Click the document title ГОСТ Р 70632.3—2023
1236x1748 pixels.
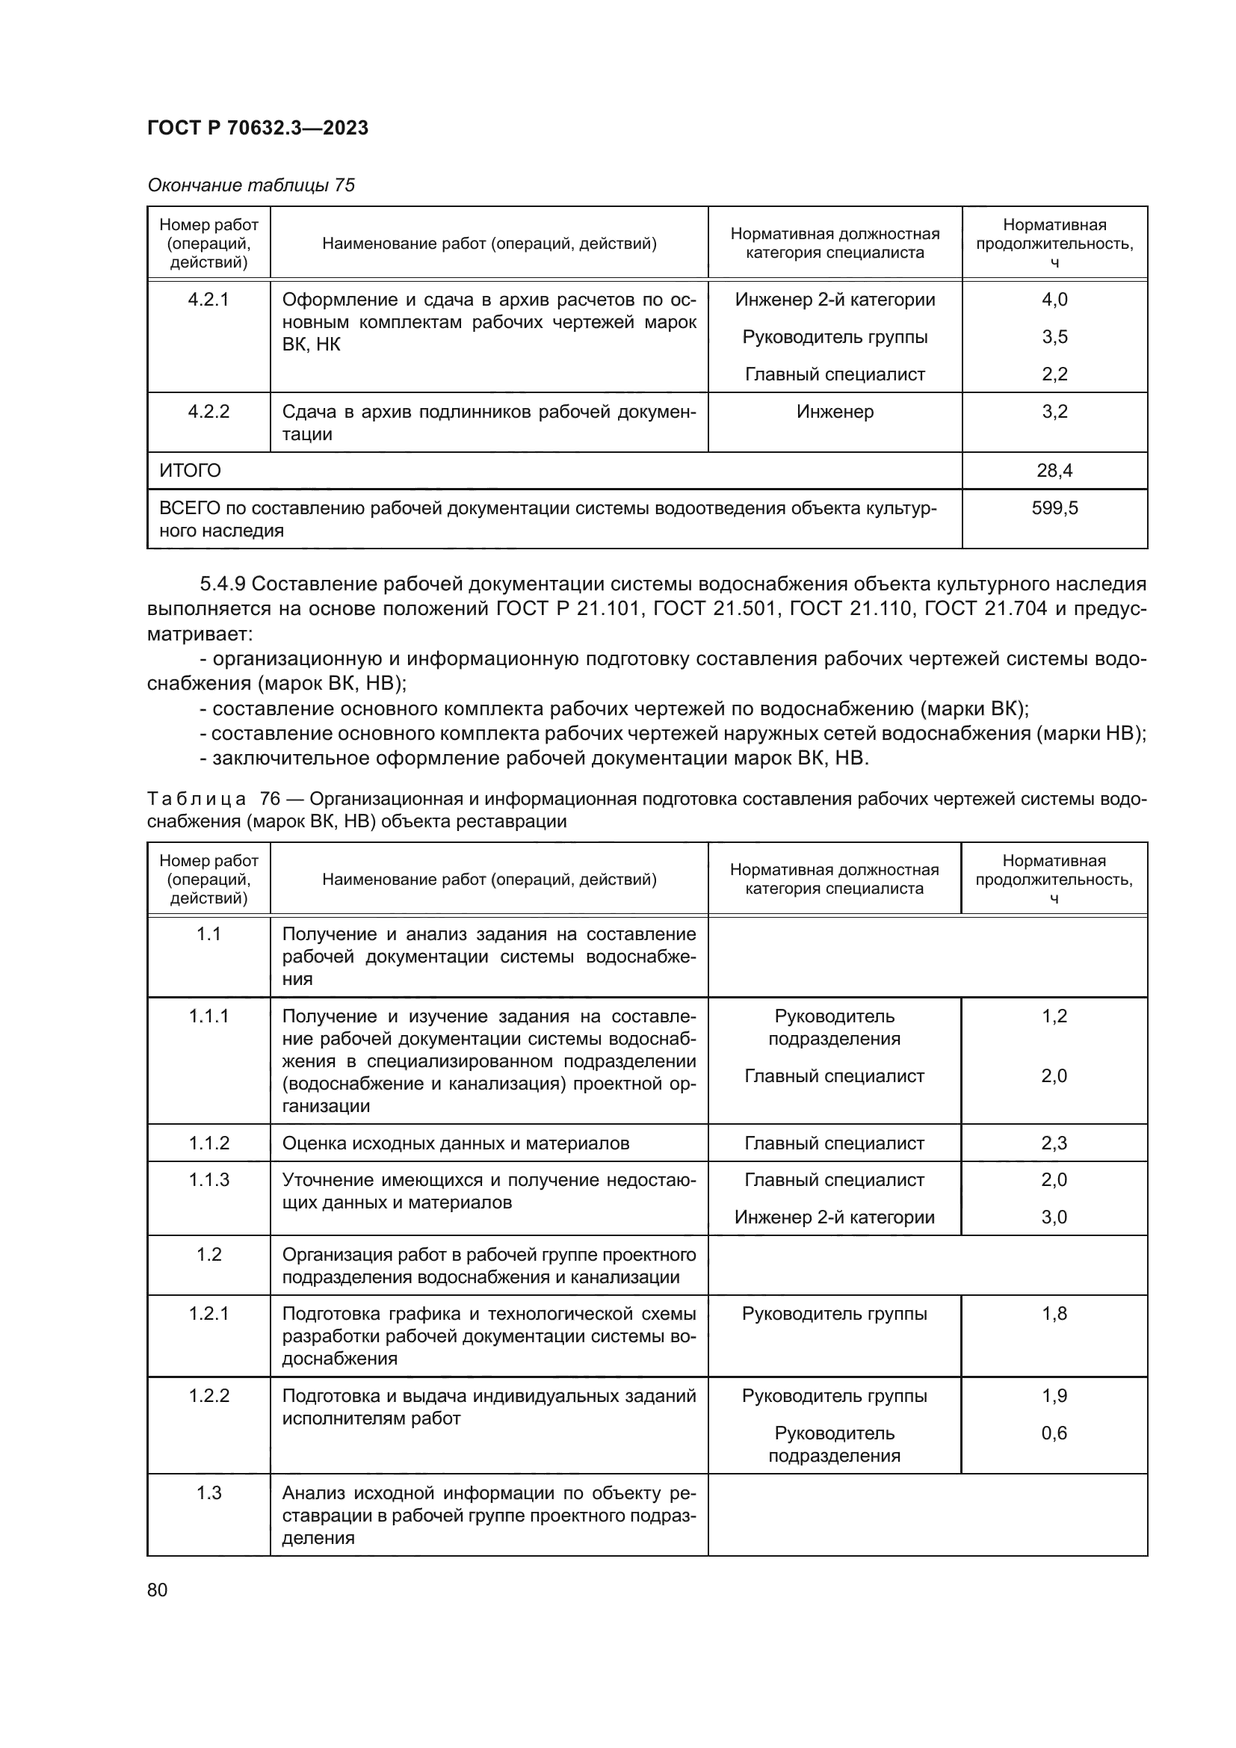(x=257, y=128)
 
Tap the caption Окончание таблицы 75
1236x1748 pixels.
(x=250, y=185)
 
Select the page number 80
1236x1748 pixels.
(x=157, y=1590)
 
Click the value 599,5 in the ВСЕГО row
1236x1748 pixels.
(x=1054, y=507)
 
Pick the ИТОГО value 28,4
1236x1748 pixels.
(x=1054, y=471)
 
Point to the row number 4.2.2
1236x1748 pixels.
(x=208, y=412)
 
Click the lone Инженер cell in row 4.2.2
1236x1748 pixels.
(x=835, y=412)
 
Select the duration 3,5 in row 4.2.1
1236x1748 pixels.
(x=1054, y=336)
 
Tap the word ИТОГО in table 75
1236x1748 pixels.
(x=191, y=471)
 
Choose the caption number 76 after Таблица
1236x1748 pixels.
(x=271, y=799)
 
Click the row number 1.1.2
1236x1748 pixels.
(x=208, y=1143)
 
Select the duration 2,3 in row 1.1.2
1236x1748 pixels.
(x=1054, y=1143)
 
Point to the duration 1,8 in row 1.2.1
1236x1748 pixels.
(x=1054, y=1313)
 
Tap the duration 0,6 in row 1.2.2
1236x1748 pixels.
(x=1054, y=1433)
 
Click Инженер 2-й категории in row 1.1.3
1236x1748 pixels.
(x=834, y=1217)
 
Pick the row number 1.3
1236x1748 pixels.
(x=208, y=1493)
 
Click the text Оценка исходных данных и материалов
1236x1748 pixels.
(x=455, y=1143)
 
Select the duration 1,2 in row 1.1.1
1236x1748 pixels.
(x=1054, y=1016)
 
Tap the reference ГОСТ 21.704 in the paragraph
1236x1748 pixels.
(x=986, y=609)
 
